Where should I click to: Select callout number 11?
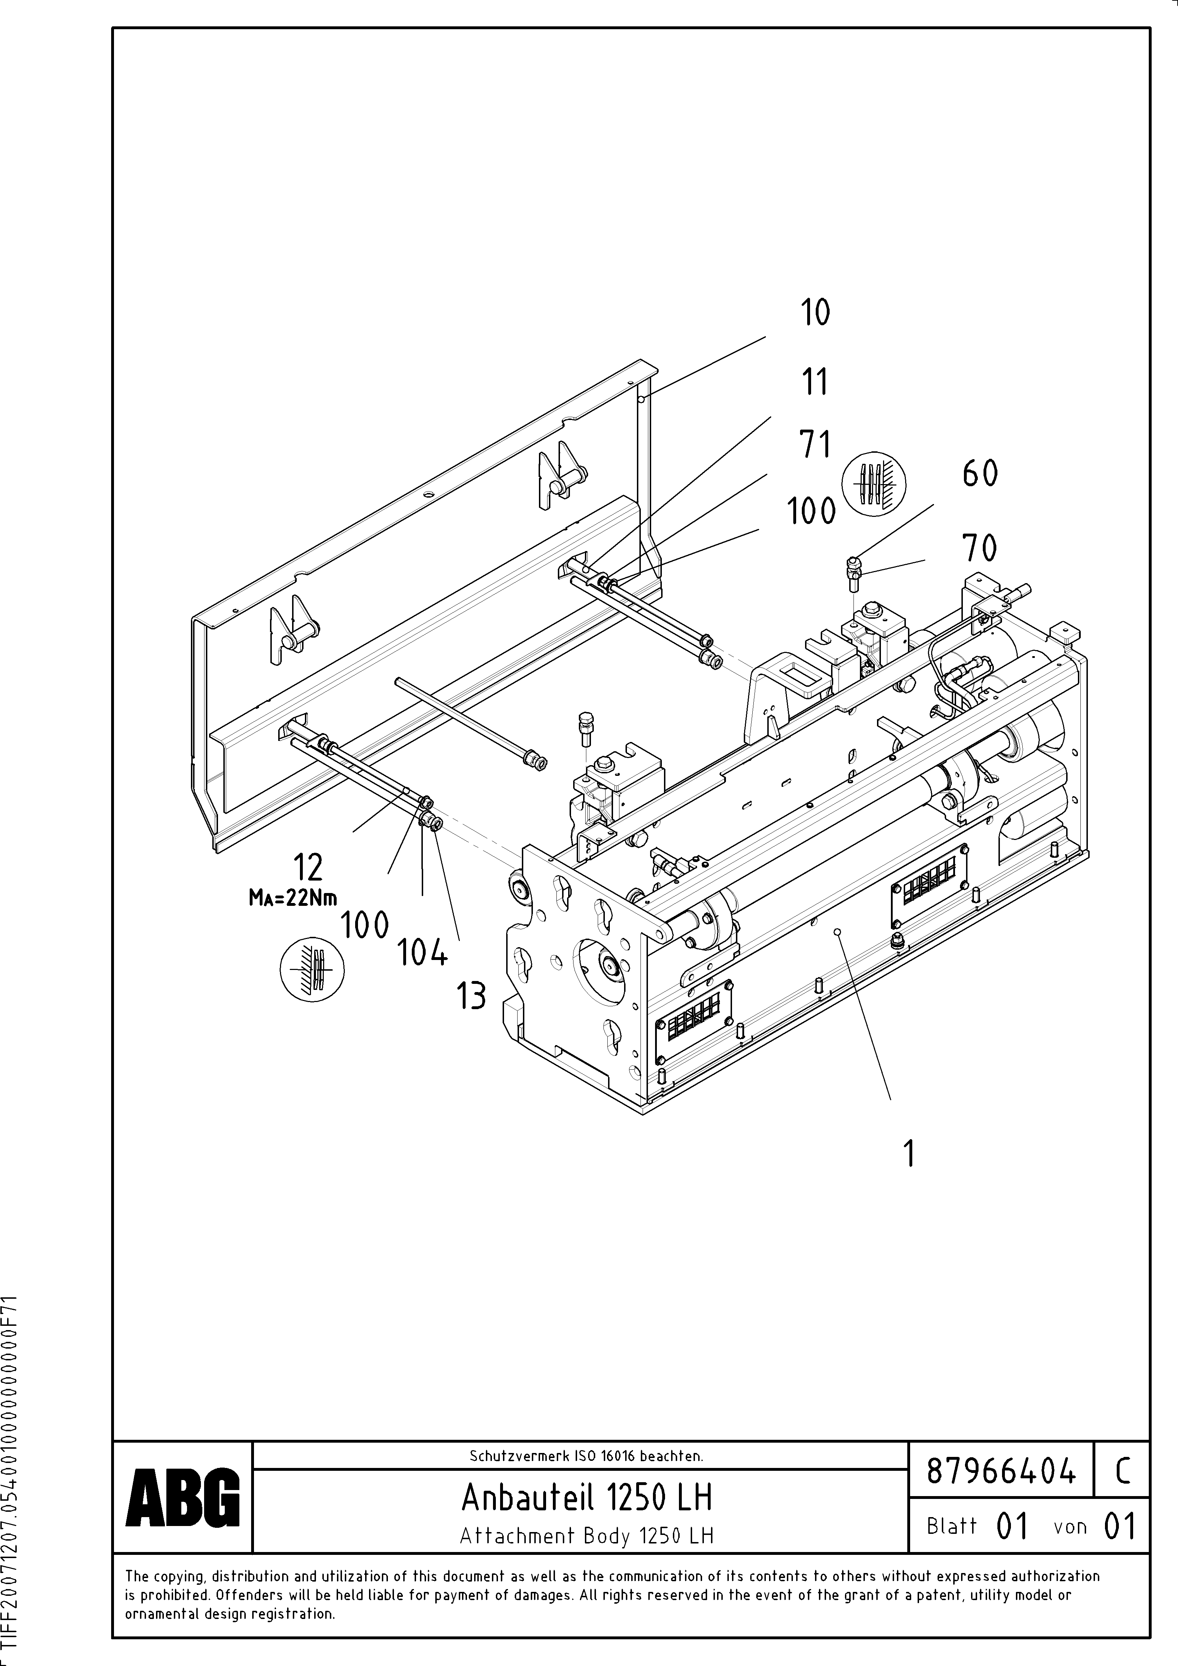click(x=814, y=382)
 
